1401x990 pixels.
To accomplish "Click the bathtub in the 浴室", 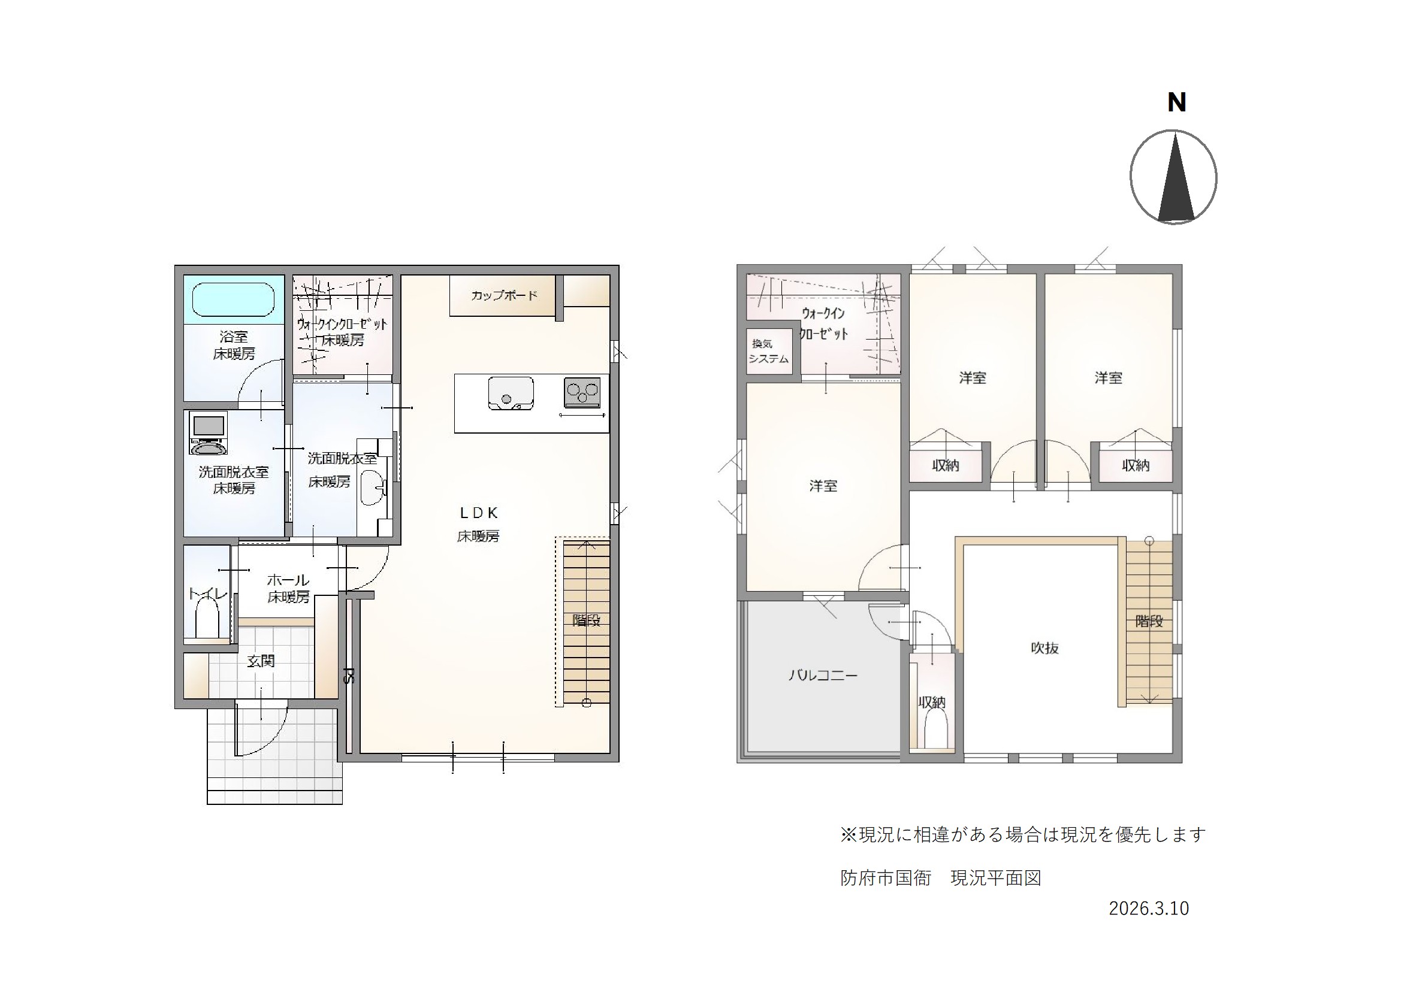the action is (x=234, y=299).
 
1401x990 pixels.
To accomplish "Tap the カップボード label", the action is (x=504, y=296).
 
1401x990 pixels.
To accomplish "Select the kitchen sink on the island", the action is (x=510, y=393).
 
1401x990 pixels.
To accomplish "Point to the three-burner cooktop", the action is (x=582, y=392).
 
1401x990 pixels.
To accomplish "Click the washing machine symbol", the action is (x=208, y=434).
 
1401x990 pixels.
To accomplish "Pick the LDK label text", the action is (x=479, y=513).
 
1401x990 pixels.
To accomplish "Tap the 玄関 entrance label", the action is (x=261, y=661).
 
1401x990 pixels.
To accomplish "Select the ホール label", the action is (x=288, y=580).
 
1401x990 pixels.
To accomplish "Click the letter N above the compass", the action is (x=1176, y=102).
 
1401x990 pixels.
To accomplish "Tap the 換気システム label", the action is (x=768, y=352).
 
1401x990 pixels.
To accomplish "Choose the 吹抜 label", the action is (x=1044, y=648).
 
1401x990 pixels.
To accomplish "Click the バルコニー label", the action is (x=823, y=675).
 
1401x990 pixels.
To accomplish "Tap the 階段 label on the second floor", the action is (x=1149, y=622).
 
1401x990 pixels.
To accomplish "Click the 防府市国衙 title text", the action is (x=886, y=879).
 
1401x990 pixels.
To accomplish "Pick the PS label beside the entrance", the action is (x=348, y=675).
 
